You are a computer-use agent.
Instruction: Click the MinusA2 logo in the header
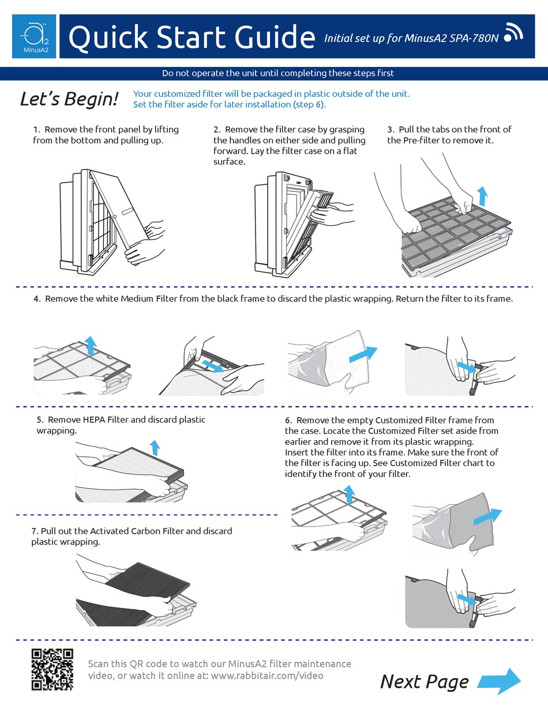click(34, 36)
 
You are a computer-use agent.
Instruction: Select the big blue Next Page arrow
click(500, 681)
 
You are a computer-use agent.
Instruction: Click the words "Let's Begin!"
click(69, 99)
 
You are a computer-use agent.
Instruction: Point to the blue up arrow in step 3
click(482, 195)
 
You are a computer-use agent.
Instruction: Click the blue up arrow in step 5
click(154, 446)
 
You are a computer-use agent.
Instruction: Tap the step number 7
click(35, 531)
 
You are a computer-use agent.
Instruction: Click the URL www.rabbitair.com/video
click(267, 675)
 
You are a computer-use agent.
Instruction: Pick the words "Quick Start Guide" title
click(191, 37)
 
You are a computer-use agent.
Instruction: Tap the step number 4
click(36, 298)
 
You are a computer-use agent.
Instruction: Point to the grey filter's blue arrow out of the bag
click(487, 517)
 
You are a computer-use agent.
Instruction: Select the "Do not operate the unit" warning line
click(277, 73)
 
